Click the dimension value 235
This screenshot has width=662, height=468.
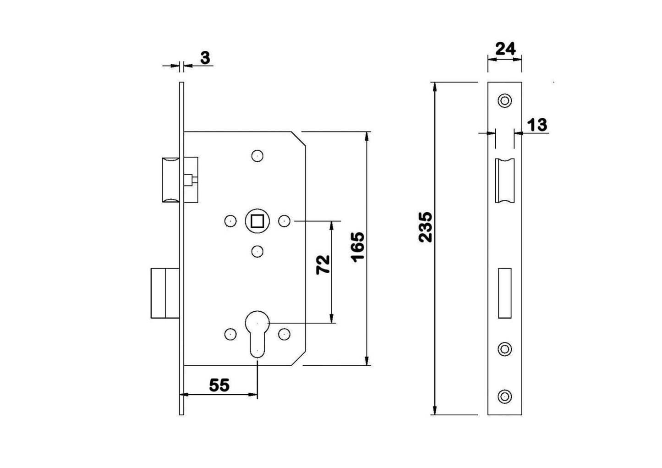[426, 226]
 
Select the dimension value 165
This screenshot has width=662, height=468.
[358, 246]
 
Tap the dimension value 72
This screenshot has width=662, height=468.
[323, 264]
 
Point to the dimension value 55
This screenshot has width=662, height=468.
[219, 385]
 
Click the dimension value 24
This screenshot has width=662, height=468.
[505, 48]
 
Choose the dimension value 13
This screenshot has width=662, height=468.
[537, 124]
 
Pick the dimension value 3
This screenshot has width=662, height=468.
[205, 58]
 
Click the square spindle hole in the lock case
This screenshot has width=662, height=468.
[257, 221]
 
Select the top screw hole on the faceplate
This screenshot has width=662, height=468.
[505, 100]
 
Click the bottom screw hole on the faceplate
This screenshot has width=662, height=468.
[505, 396]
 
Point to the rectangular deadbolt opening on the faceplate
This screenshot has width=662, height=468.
[504, 292]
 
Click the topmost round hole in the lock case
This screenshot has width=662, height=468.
[257, 156]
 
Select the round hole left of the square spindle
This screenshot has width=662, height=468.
[230, 221]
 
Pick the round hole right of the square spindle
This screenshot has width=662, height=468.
[284, 221]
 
